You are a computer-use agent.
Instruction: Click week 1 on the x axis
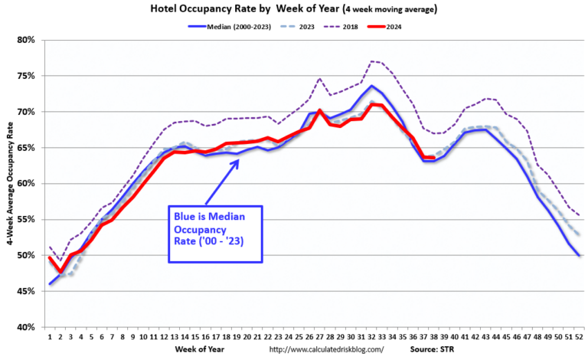pos(50,336)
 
